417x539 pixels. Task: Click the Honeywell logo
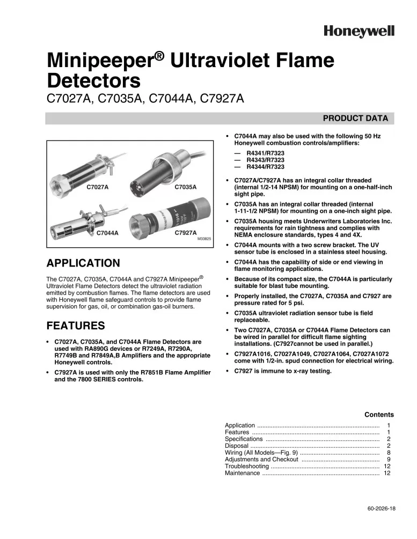359,32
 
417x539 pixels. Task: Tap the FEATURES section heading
76,326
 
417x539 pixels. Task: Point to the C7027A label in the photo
98,187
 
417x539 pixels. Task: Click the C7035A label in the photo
186,187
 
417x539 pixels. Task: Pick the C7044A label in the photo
107,233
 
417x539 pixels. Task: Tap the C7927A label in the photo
186,233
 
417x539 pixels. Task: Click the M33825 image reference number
204,239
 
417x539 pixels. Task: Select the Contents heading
379,415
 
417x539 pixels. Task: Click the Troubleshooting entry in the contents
247,467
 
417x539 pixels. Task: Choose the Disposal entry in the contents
237,446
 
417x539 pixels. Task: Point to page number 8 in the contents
388,453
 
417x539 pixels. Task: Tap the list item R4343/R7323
265,160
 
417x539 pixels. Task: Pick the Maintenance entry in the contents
243,474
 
